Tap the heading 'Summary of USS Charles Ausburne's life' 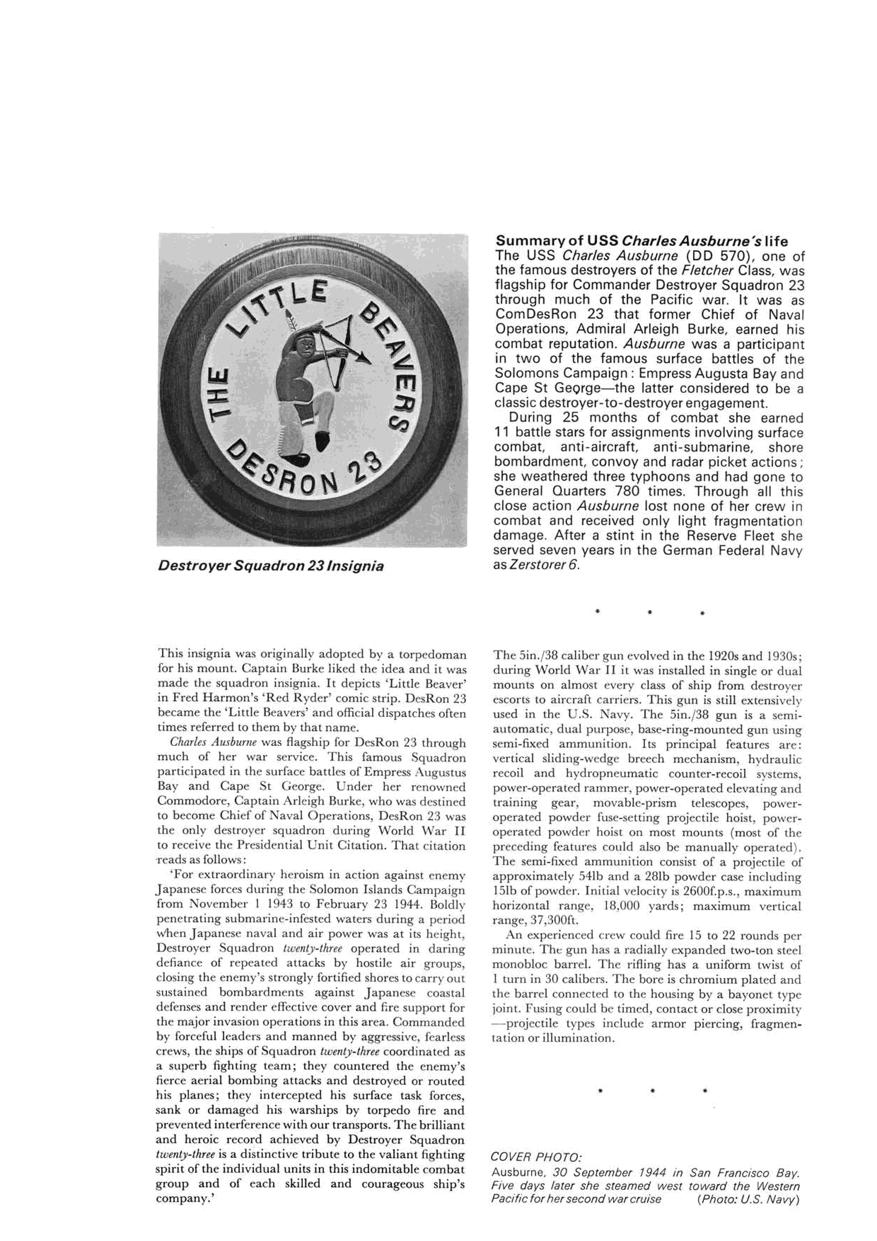pos(641,241)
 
